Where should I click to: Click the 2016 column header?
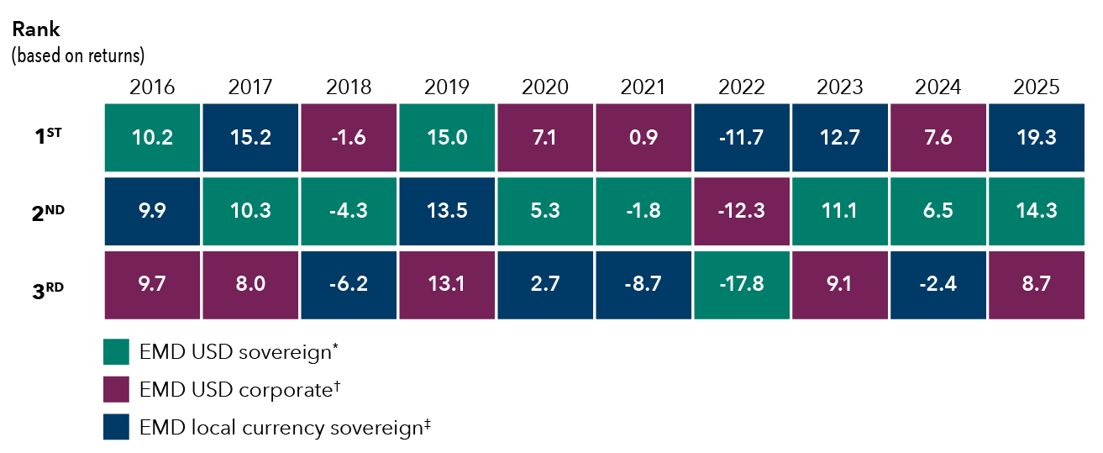tap(152, 87)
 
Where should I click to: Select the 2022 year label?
tap(742, 87)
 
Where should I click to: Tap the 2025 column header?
tap(1037, 87)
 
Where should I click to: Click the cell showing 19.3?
tap(1037, 138)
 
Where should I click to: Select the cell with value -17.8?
tap(742, 286)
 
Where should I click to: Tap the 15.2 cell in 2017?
tap(250, 138)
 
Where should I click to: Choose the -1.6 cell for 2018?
tap(349, 138)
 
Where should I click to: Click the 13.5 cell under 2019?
tap(447, 212)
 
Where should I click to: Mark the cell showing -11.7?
tap(742, 138)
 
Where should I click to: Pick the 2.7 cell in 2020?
tap(545, 286)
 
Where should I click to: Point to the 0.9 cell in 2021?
tap(643, 138)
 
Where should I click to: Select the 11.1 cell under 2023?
tap(840, 212)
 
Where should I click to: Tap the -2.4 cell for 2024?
tap(938, 286)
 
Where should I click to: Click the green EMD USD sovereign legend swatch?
tap(116, 352)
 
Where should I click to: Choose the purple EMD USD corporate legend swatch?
tap(116, 390)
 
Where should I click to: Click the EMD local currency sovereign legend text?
tap(285, 428)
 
